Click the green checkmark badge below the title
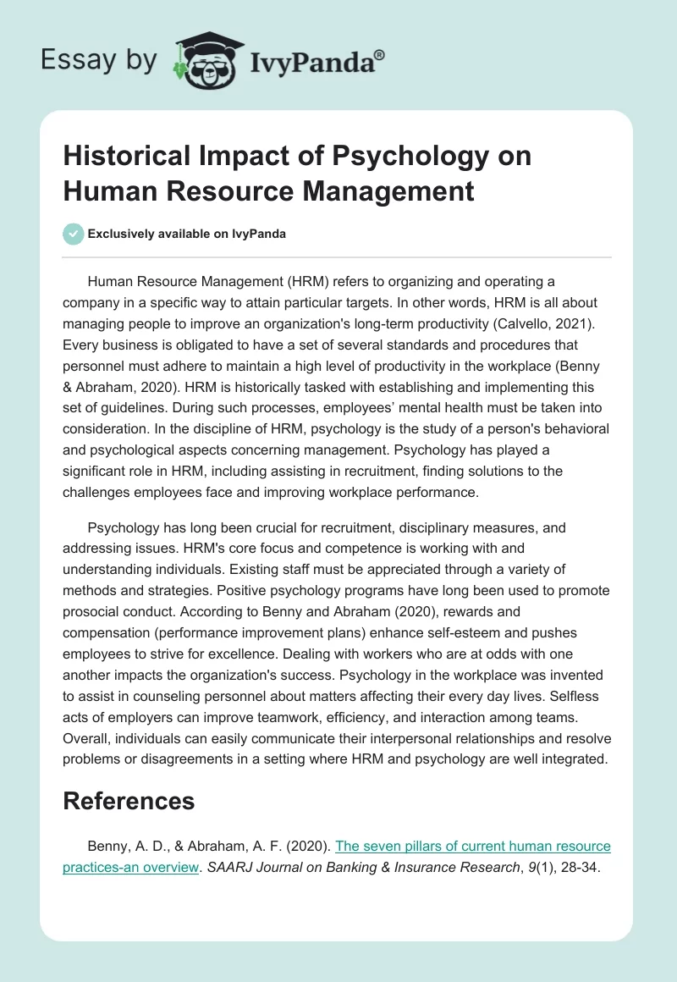[74, 234]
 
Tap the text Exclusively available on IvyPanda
[186, 234]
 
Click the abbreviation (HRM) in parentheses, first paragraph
[315, 281]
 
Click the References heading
[129, 801]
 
